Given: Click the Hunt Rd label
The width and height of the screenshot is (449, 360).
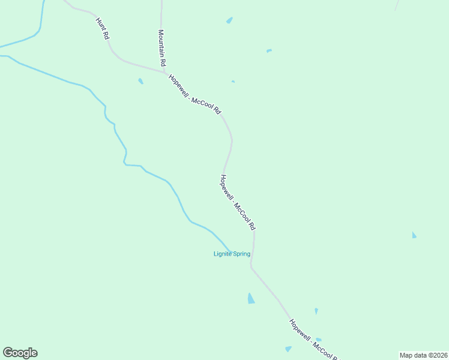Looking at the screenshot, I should [103, 29].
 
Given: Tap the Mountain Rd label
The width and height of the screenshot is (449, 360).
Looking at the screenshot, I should [161, 47].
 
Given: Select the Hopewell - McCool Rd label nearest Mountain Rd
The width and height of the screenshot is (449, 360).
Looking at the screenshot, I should [195, 95].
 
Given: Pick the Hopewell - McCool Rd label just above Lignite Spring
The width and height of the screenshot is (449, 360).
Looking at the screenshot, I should [238, 203].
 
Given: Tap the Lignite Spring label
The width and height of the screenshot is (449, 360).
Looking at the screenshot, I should [232, 254].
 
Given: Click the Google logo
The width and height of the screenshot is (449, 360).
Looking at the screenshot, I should [20, 353].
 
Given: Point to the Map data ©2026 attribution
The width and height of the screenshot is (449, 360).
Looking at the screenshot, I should [424, 355].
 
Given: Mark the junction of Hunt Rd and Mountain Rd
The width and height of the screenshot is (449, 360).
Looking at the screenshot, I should [164, 73].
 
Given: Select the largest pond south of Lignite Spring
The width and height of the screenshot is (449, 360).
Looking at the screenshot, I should [251, 298].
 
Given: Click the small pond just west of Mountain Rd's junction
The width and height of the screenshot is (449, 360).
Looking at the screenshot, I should [140, 81].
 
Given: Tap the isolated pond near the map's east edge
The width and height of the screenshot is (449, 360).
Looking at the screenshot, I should [414, 235].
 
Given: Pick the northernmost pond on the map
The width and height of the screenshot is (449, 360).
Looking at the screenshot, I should [229, 20].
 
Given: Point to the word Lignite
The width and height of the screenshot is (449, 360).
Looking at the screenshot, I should [223, 254].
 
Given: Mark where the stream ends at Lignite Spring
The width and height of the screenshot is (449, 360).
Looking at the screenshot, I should [230, 250].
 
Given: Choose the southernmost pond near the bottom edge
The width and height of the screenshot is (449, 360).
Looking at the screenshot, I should [289, 349].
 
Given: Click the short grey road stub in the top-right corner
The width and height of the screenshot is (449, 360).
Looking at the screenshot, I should [396, 6].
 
